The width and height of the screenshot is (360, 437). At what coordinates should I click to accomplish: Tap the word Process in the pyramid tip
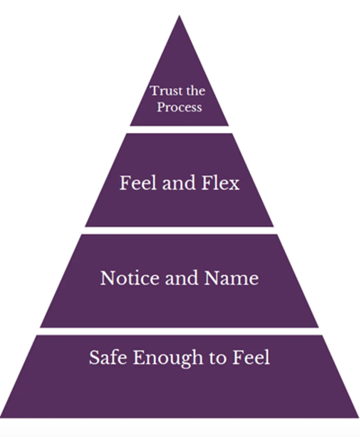coord(179,107)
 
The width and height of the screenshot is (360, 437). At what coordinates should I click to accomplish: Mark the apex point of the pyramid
coord(179,16)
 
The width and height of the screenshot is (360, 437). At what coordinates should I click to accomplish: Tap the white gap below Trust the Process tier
coord(179,129)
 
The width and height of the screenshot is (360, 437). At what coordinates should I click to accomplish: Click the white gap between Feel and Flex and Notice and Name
coord(179,230)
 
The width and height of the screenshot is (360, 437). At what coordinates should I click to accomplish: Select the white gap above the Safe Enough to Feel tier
coord(179,331)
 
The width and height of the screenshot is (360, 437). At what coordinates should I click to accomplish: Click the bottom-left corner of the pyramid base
coord(2,417)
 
